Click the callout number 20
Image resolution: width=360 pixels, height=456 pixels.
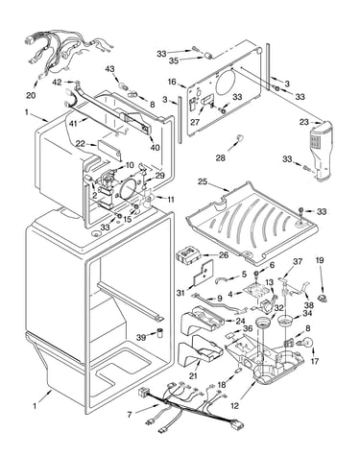pos(32,95)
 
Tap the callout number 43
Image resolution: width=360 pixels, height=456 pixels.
pos(109,69)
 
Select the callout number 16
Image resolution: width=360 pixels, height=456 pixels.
pos(172,82)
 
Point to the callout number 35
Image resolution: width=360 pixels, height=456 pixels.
pos(174,60)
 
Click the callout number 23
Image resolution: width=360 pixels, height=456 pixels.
pos(304,122)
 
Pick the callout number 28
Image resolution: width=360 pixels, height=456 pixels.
pos(221,157)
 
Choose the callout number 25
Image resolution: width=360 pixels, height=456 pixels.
pos(203,182)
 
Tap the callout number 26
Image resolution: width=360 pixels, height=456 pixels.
pos(224,255)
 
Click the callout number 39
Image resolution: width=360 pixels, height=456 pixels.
pos(141,337)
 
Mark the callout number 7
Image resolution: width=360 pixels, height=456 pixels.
pos(130,415)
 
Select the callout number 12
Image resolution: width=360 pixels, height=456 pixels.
pos(234,406)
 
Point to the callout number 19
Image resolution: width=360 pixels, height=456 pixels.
pos(320,260)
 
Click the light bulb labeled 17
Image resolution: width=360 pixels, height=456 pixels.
pos(306,342)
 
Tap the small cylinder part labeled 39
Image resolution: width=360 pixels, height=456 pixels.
pos(159,332)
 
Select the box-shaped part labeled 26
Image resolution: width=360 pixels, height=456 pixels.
pos(188,256)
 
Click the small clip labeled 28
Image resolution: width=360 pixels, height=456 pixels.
pos(239,138)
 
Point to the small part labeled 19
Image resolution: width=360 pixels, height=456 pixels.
pos(322,298)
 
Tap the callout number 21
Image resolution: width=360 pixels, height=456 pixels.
pos(193,376)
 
